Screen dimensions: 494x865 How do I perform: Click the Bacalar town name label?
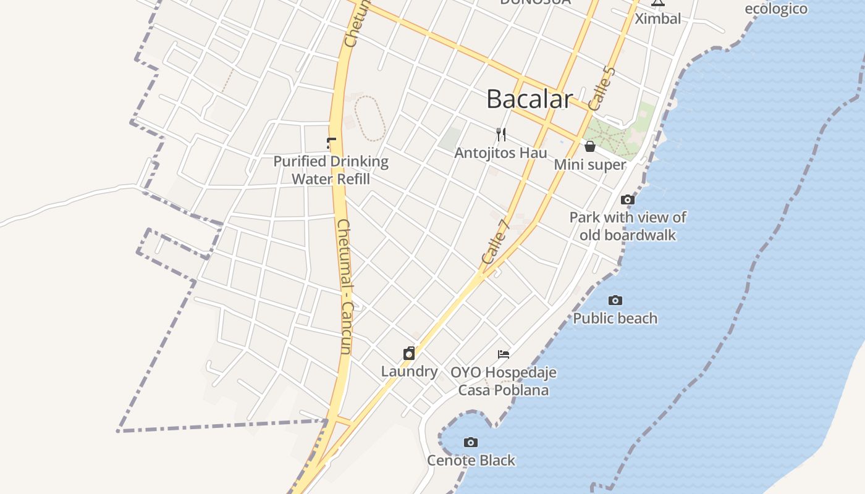[x=530, y=99]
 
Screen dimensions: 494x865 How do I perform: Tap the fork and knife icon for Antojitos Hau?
[x=501, y=134]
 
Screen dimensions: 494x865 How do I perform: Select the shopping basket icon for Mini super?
[x=590, y=146]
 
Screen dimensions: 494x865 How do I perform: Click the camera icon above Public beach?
[x=615, y=300]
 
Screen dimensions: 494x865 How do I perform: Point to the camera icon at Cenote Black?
[x=471, y=442]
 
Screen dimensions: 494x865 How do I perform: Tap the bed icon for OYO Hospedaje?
[x=504, y=354]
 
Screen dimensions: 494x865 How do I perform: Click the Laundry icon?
[x=409, y=353]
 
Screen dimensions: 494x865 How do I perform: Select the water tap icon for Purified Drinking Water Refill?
[x=331, y=143]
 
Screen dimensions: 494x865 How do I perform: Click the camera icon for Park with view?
[x=628, y=199]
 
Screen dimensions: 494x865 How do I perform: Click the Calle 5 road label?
[x=602, y=88]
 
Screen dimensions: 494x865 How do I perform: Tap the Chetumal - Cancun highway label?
[x=345, y=287]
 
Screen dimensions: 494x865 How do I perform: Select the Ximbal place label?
[x=658, y=19]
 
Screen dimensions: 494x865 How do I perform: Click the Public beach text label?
[x=615, y=319]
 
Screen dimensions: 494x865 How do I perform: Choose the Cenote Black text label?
[x=471, y=461]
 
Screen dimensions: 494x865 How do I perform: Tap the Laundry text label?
[x=409, y=372]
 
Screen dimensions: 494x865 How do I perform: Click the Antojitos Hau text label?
[x=501, y=153]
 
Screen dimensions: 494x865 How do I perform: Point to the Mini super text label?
[x=589, y=165]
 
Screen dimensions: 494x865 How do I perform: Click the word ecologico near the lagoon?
[x=776, y=9]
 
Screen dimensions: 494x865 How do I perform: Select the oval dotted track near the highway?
[x=370, y=118]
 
